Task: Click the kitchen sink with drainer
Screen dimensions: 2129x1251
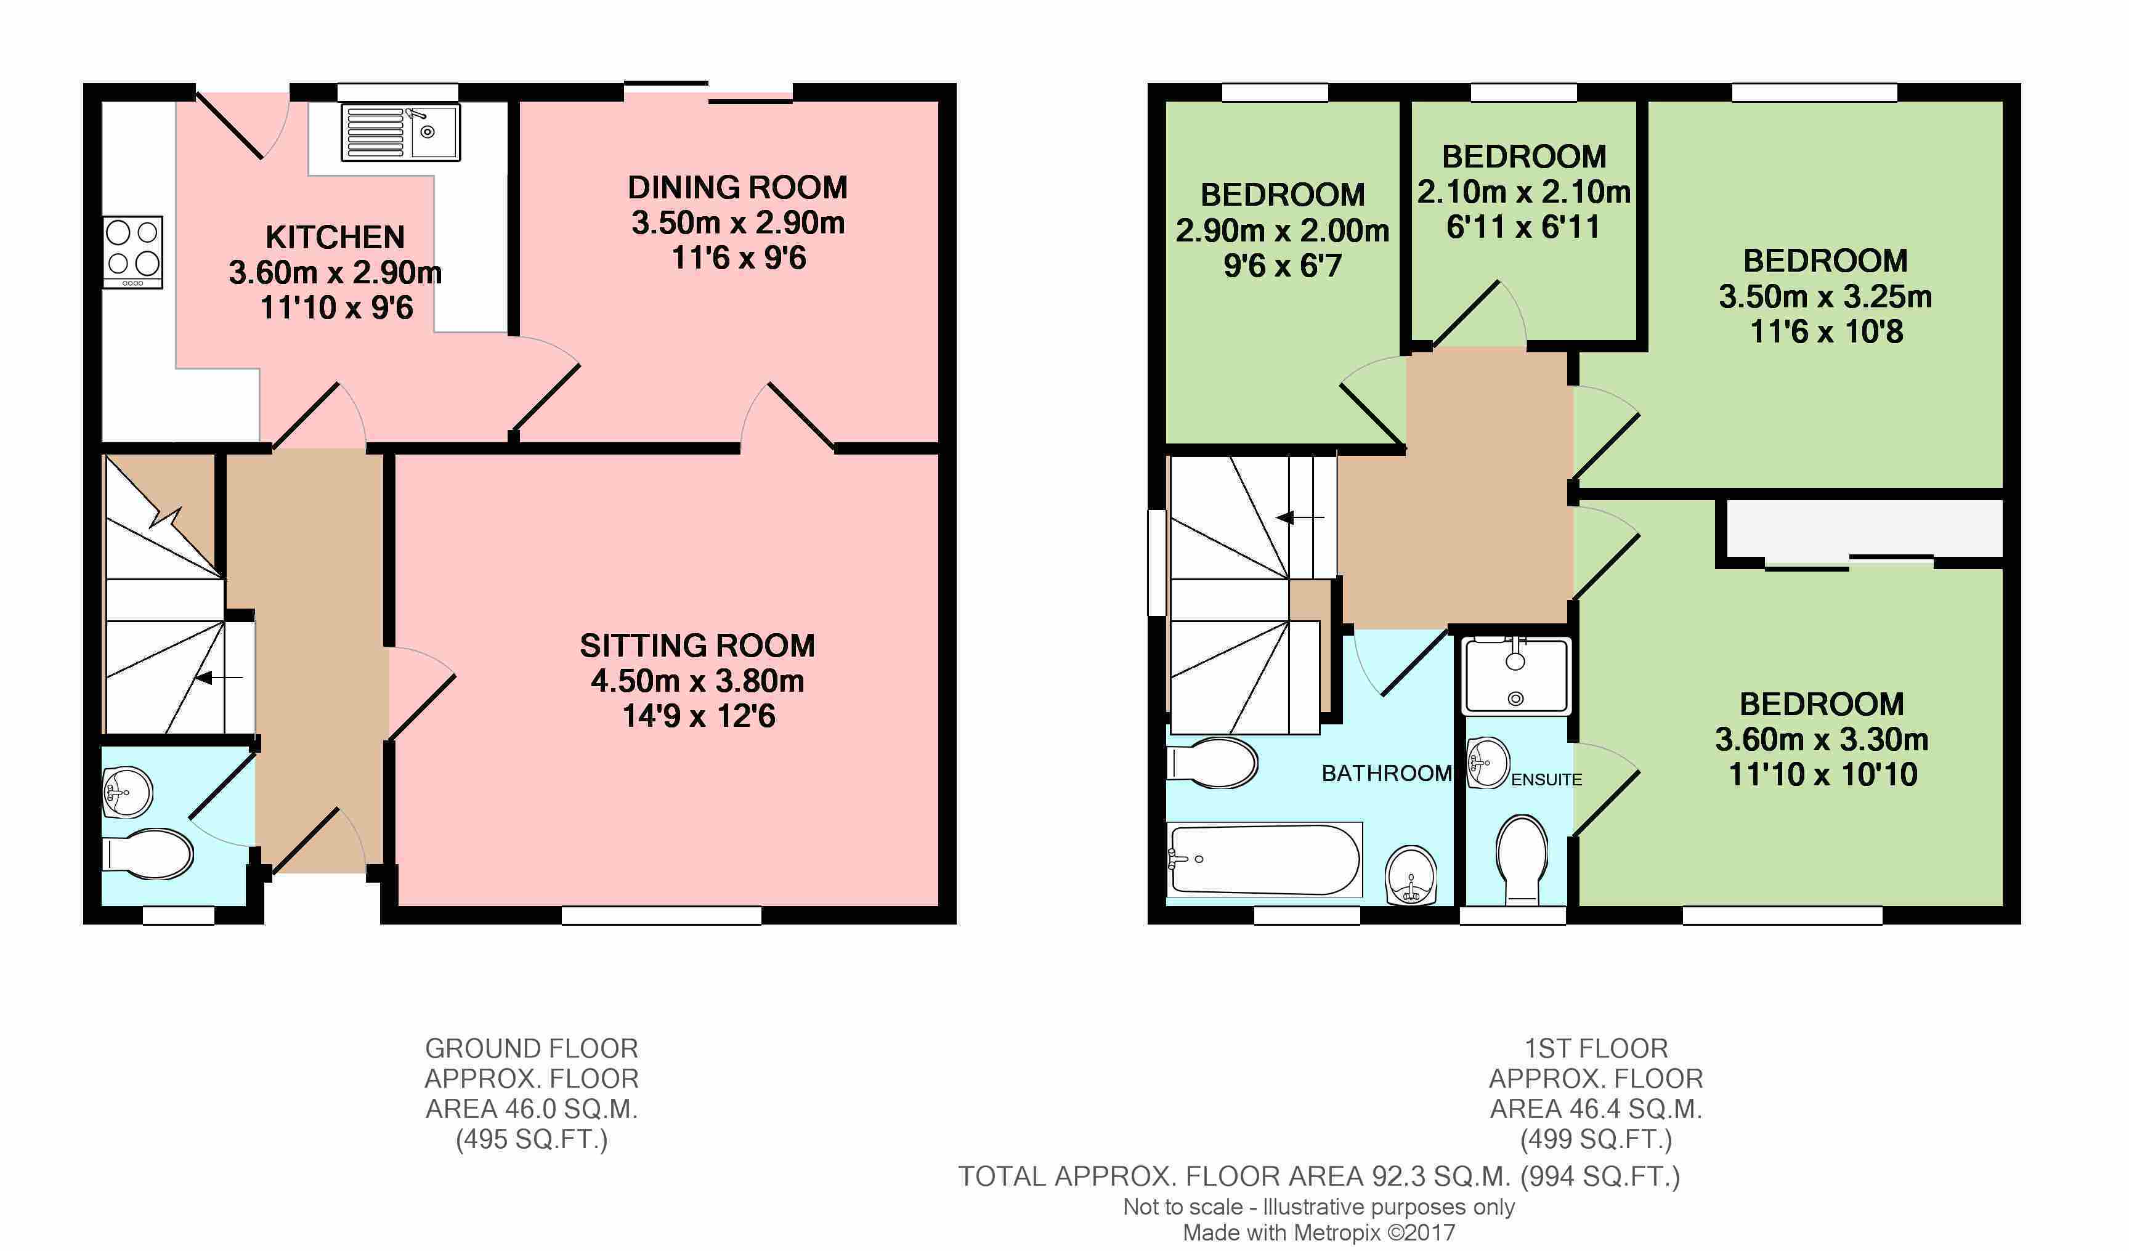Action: [400, 132]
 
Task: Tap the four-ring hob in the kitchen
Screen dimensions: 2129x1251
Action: [132, 253]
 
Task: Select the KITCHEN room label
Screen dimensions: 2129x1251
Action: [335, 237]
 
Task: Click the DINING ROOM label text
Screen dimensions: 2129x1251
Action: [737, 187]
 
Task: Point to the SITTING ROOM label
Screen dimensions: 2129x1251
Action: [697, 646]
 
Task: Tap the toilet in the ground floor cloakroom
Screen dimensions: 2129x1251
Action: [147, 854]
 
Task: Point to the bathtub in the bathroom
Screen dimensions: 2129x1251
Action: [1264, 860]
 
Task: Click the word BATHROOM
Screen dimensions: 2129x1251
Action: [1387, 773]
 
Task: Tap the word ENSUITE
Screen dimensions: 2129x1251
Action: [1546, 780]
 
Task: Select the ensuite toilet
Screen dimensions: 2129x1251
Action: [1522, 860]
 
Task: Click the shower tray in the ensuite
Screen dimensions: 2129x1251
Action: [1517, 676]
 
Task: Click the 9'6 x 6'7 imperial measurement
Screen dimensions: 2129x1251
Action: [1283, 266]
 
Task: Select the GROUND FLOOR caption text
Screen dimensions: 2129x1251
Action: [532, 1048]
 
